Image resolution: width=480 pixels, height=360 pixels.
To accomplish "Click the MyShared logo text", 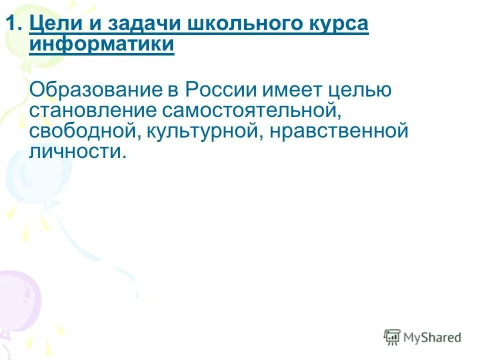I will [433, 337].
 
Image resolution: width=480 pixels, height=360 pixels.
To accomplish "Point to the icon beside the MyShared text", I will [392, 337].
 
